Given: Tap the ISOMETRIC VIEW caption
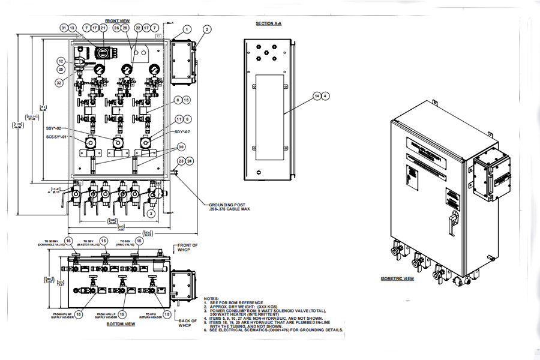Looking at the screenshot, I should tap(397, 279).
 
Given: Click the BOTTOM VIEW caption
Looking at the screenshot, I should tap(120, 324).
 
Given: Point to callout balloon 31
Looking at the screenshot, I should tap(64, 28).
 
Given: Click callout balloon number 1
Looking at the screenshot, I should tap(187, 28).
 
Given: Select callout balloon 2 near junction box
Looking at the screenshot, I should tap(206, 28).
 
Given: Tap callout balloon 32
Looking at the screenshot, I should tap(59, 82).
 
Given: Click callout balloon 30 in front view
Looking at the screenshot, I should tap(181, 146).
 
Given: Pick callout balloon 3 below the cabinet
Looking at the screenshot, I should tap(152, 213).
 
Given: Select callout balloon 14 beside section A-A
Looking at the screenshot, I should tap(317, 95).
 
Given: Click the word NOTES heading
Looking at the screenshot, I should tap(211, 298).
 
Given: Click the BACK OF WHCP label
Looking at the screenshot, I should tap(187, 323).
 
